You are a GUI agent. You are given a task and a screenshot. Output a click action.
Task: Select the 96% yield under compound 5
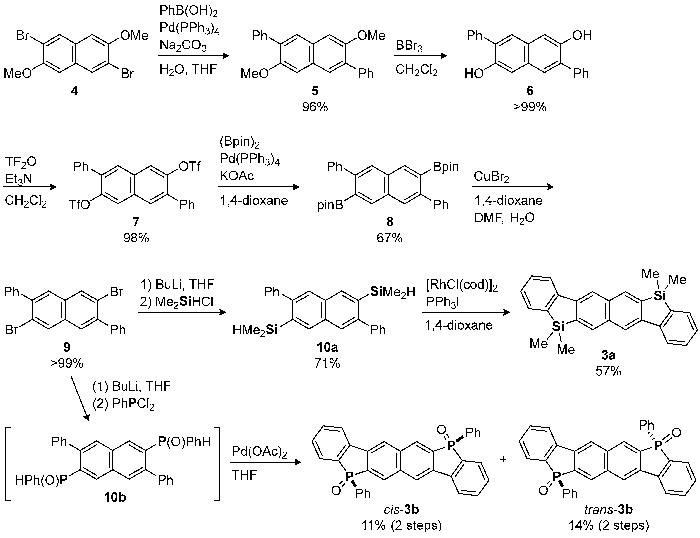click(x=315, y=107)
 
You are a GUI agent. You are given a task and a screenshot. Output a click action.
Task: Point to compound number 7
click(x=136, y=222)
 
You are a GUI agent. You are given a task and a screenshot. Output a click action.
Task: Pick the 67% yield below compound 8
click(x=389, y=238)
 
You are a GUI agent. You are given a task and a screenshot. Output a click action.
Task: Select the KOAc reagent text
click(x=237, y=176)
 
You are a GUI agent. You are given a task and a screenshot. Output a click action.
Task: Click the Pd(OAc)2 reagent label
click(x=259, y=452)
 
